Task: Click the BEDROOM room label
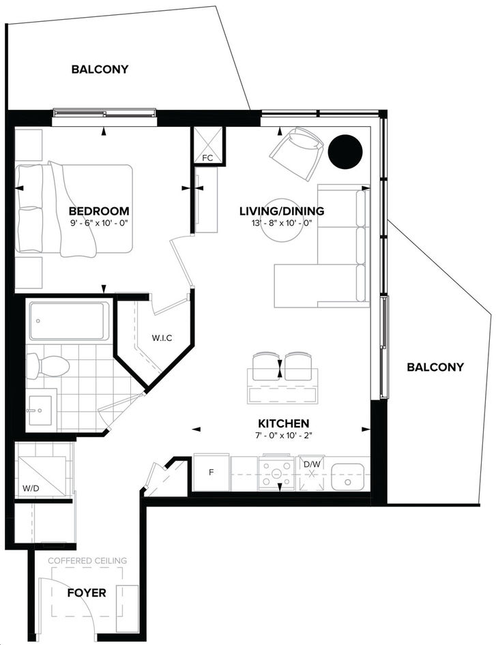(99, 211)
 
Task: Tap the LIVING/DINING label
(282, 211)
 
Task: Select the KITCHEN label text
(284, 423)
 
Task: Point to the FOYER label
(87, 592)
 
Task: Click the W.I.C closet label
(162, 338)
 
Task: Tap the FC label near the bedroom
(207, 158)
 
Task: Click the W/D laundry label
(31, 489)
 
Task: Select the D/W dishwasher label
(312, 464)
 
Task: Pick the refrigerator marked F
(211, 472)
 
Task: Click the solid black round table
(345, 152)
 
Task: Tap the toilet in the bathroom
(47, 366)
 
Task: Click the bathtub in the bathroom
(69, 321)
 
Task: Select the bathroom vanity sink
(40, 410)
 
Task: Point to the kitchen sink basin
(348, 477)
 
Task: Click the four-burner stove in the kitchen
(276, 473)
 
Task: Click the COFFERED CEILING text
(87, 560)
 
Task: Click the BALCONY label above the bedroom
(100, 69)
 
